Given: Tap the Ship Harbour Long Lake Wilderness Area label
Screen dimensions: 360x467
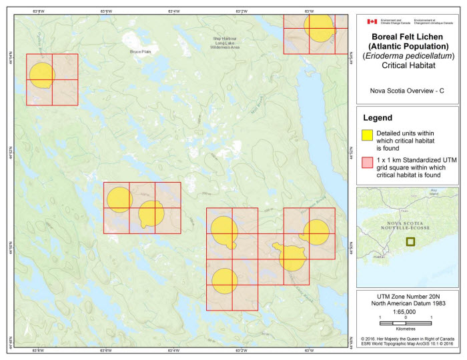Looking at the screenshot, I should [x=225, y=43].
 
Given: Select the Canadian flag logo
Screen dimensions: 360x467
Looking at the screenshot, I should [x=372, y=21].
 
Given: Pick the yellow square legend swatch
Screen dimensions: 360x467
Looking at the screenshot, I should [x=367, y=135].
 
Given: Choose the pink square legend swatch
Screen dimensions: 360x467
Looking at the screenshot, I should [x=367, y=162].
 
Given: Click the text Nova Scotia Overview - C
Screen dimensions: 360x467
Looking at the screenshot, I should [x=407, y=91].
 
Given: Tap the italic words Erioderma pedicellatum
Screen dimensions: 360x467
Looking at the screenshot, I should [x=408, y=56].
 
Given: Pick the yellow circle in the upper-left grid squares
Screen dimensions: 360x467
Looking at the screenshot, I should [x=41, y=75].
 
